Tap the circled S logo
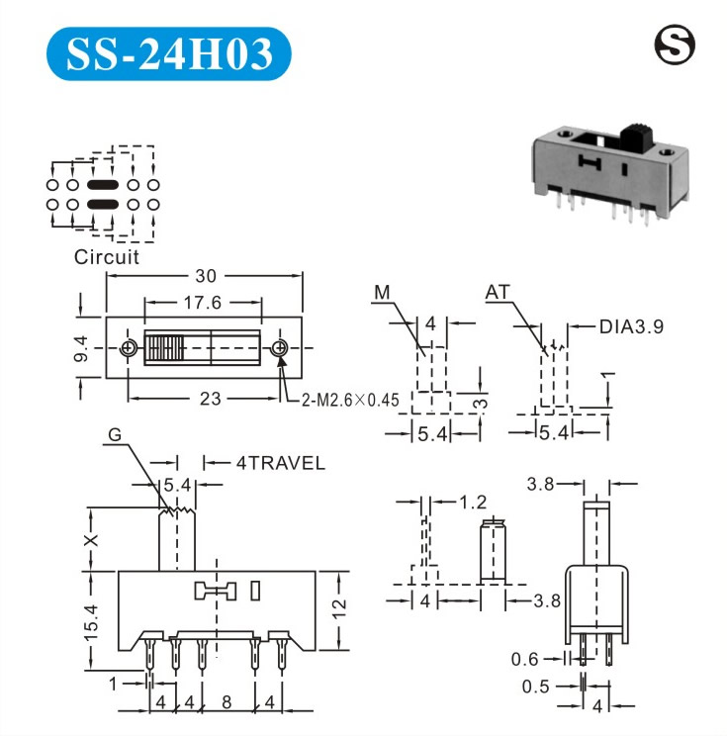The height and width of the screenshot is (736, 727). [676, 44]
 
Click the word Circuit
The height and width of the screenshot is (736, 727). [107, 257]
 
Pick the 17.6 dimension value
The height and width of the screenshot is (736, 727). [201, 303]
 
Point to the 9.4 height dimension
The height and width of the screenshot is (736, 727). [83, 348]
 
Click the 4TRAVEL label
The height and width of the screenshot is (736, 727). [280, 462]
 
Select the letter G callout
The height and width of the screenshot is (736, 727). [115, 436]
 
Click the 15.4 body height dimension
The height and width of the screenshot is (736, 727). [89, 621]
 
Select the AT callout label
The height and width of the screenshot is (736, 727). [499, 293]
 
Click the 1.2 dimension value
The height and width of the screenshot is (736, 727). [473, 502]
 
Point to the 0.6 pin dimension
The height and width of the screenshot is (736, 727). [525, 660]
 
